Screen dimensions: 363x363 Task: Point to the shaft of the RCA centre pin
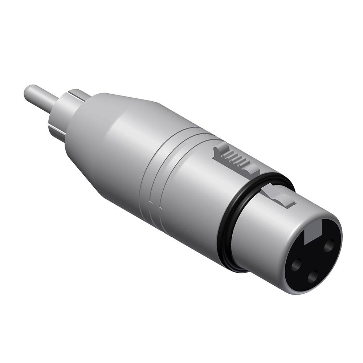pyautogui.click(x=45, y=99)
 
